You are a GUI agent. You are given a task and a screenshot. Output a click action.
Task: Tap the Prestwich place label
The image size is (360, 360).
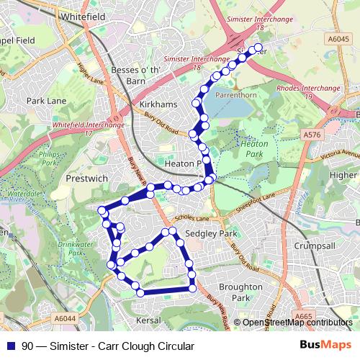pyautogui.click(x=86, y=177)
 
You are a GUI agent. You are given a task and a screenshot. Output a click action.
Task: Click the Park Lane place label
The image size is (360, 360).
pyautogui.click(x=46, y=102)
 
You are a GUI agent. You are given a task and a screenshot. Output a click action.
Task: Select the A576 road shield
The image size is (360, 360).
pyautogui.click(x=312, y=135)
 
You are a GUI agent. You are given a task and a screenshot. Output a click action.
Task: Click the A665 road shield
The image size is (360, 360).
pyautogui.click(x=303, y=316)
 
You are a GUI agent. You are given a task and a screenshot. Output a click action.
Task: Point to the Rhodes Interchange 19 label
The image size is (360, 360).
pyautogui.click(x=307, y=92)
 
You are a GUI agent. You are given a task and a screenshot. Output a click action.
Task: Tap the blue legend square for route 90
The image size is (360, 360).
pyautogui.click(x=9, y=346)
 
